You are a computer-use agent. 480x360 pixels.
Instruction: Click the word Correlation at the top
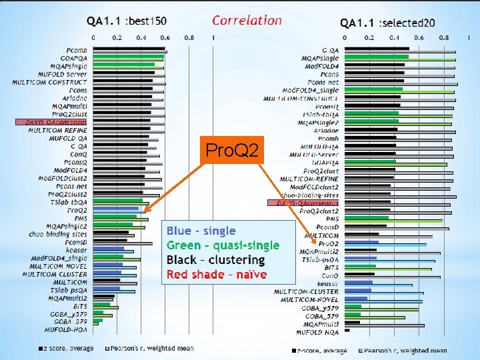(x=247, y=20)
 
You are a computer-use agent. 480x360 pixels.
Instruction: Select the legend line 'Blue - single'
(x=201, y=231)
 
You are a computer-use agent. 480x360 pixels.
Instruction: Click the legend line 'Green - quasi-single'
(x=223, y=245)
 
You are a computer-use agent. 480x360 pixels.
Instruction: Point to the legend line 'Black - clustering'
(x=215, y=260)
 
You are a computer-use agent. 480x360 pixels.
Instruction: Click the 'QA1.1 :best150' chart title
(x=126, y=21)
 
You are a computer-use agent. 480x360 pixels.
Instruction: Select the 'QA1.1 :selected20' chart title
(x=387, y=23)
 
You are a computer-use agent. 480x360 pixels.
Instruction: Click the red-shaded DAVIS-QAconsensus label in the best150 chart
(x=51, y=123)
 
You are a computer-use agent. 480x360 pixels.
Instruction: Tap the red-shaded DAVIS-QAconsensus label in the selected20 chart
(x=303, y=202)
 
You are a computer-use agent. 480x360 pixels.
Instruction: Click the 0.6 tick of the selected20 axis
(x=419, y=38)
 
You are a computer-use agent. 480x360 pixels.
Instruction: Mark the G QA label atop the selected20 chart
(x=330, y=50)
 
